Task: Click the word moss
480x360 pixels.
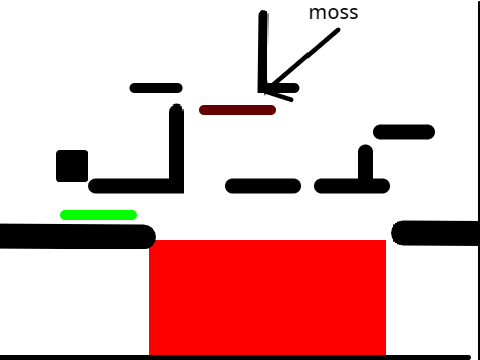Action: pyautogui.click(x=333, y=13)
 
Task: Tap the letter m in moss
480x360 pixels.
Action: pyautogui.click(x=317, y=14)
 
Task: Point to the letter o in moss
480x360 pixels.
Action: pyautogui.click(x=332, y=14)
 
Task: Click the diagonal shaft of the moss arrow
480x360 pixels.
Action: pyautogui.click(x=303, y=59)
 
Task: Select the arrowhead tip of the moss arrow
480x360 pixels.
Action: pyautogui.click(x=265, y=93)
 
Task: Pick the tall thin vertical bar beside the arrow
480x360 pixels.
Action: pyautogui.click(x=263, y=52)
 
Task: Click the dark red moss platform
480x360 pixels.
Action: pyautogui.click(x=237, y=110)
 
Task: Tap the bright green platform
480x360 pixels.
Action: pyautogui.click(x=98, y=215)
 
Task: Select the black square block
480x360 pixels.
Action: pyautogui.click(x=72, y=166)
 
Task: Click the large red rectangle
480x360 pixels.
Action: pyautogui.click(x=267, y=297)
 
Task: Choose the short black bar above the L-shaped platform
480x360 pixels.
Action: pyautogui.click(x=156, y=88)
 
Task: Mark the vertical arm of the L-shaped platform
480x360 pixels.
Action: pyautogui.click(x=177, y=148)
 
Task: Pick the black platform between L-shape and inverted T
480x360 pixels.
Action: pyautogui.click(x=263, y=186)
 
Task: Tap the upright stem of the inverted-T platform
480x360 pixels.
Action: pyautogui.click(x=365, y=163)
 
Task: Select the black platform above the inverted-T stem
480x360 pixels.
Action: pyautogui.click(x=404, y=132)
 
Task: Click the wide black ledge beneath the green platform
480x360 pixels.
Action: pyautogui.click(x=77, y=236)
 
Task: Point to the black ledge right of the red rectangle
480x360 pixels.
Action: pyautogui.click(x=435, y=233)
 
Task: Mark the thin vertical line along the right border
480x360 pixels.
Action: pyautogui.click(x=478, y=180)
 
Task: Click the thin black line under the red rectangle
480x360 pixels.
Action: pyautogui.click(x=235, y=357)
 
